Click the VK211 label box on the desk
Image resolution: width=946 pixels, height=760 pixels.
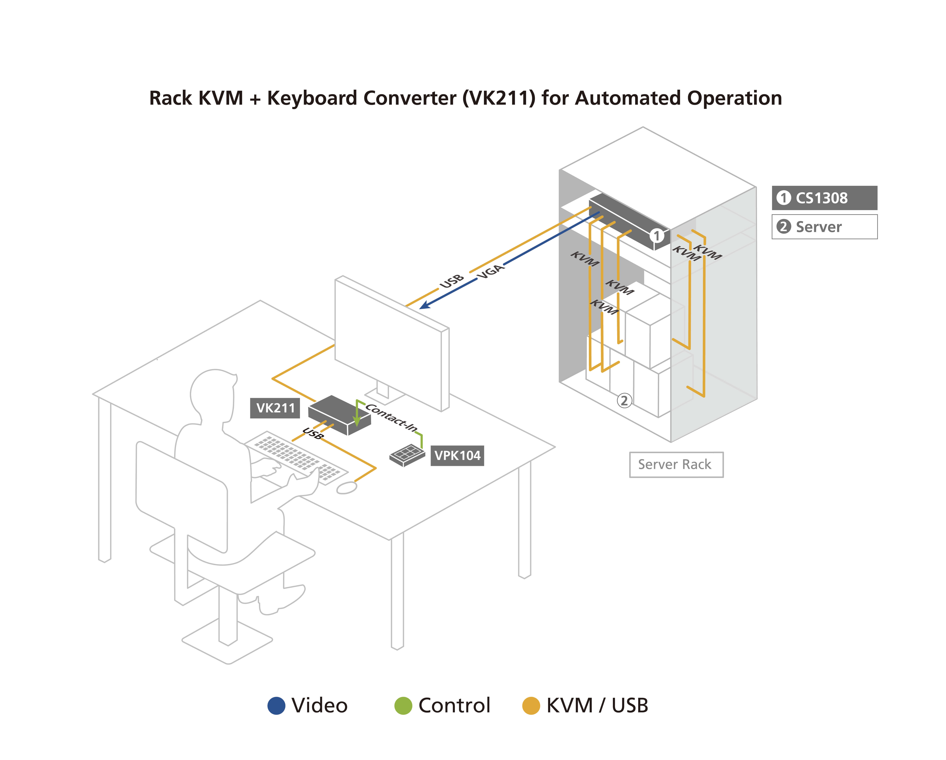[x=275, y=408]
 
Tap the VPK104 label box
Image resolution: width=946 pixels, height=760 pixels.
[x=457, y=455]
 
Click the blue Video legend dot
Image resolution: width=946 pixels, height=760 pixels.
[x=276, y=706]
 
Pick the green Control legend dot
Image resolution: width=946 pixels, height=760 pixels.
[x=403, y=706]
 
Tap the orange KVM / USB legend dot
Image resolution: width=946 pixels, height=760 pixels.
[x=531, y=706]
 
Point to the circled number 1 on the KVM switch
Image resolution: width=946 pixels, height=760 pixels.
[x=657, y=236]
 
